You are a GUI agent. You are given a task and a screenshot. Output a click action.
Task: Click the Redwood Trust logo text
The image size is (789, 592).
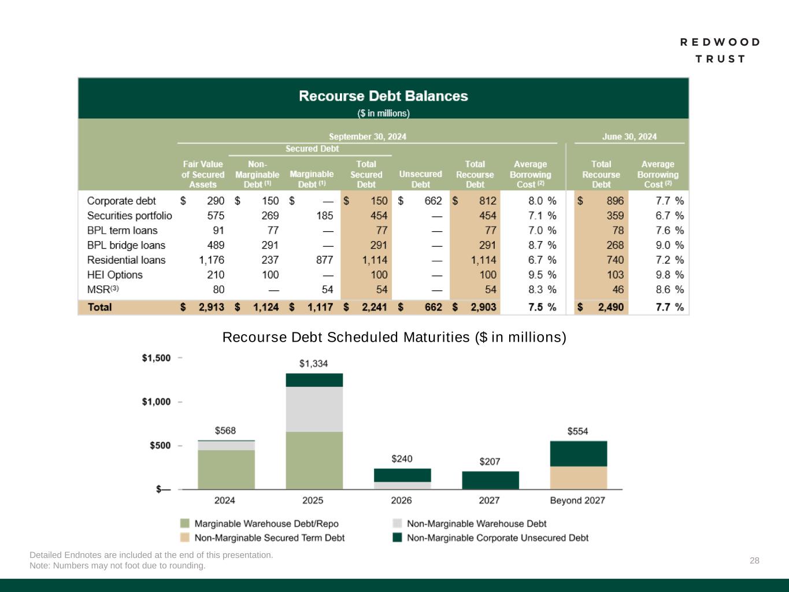point(720,50)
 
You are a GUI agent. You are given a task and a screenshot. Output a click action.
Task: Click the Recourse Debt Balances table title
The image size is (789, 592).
point(383,96)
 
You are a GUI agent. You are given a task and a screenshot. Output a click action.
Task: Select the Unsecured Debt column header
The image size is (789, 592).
point(420,179)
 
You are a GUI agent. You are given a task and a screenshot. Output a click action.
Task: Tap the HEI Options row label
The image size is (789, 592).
point(114,275)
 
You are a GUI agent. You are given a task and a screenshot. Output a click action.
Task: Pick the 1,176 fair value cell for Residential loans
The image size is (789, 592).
point(212,260)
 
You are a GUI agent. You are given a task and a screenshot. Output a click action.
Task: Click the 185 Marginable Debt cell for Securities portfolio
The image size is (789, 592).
point(325,216)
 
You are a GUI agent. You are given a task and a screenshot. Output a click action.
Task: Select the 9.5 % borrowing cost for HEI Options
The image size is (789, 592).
point(542,275)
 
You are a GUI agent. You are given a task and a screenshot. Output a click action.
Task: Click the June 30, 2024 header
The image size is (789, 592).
point(629,137)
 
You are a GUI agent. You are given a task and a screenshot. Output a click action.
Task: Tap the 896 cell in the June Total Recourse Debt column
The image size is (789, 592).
point(615,201)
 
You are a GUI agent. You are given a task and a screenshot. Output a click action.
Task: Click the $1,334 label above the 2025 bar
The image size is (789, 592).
point(313,364)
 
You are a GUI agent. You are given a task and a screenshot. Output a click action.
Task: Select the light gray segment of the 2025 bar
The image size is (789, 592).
point(314,409)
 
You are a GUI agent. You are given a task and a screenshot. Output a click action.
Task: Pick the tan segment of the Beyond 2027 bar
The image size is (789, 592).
point(578,478)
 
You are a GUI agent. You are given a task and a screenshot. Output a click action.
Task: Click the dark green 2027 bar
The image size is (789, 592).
point(490,480)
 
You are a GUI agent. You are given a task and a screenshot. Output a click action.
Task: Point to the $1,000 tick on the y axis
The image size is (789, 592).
point(157,402)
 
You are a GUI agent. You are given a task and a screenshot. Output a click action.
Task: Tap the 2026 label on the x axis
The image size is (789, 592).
point(402,500)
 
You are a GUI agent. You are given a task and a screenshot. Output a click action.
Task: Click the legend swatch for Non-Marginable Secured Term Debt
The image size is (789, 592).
point(185,538)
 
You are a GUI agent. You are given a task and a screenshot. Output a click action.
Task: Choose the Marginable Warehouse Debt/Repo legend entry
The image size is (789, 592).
point(266,524)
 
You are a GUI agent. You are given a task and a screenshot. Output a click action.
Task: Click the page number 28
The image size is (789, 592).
point(754,560)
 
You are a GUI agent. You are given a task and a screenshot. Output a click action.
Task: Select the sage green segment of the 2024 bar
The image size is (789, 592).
point(226,469)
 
